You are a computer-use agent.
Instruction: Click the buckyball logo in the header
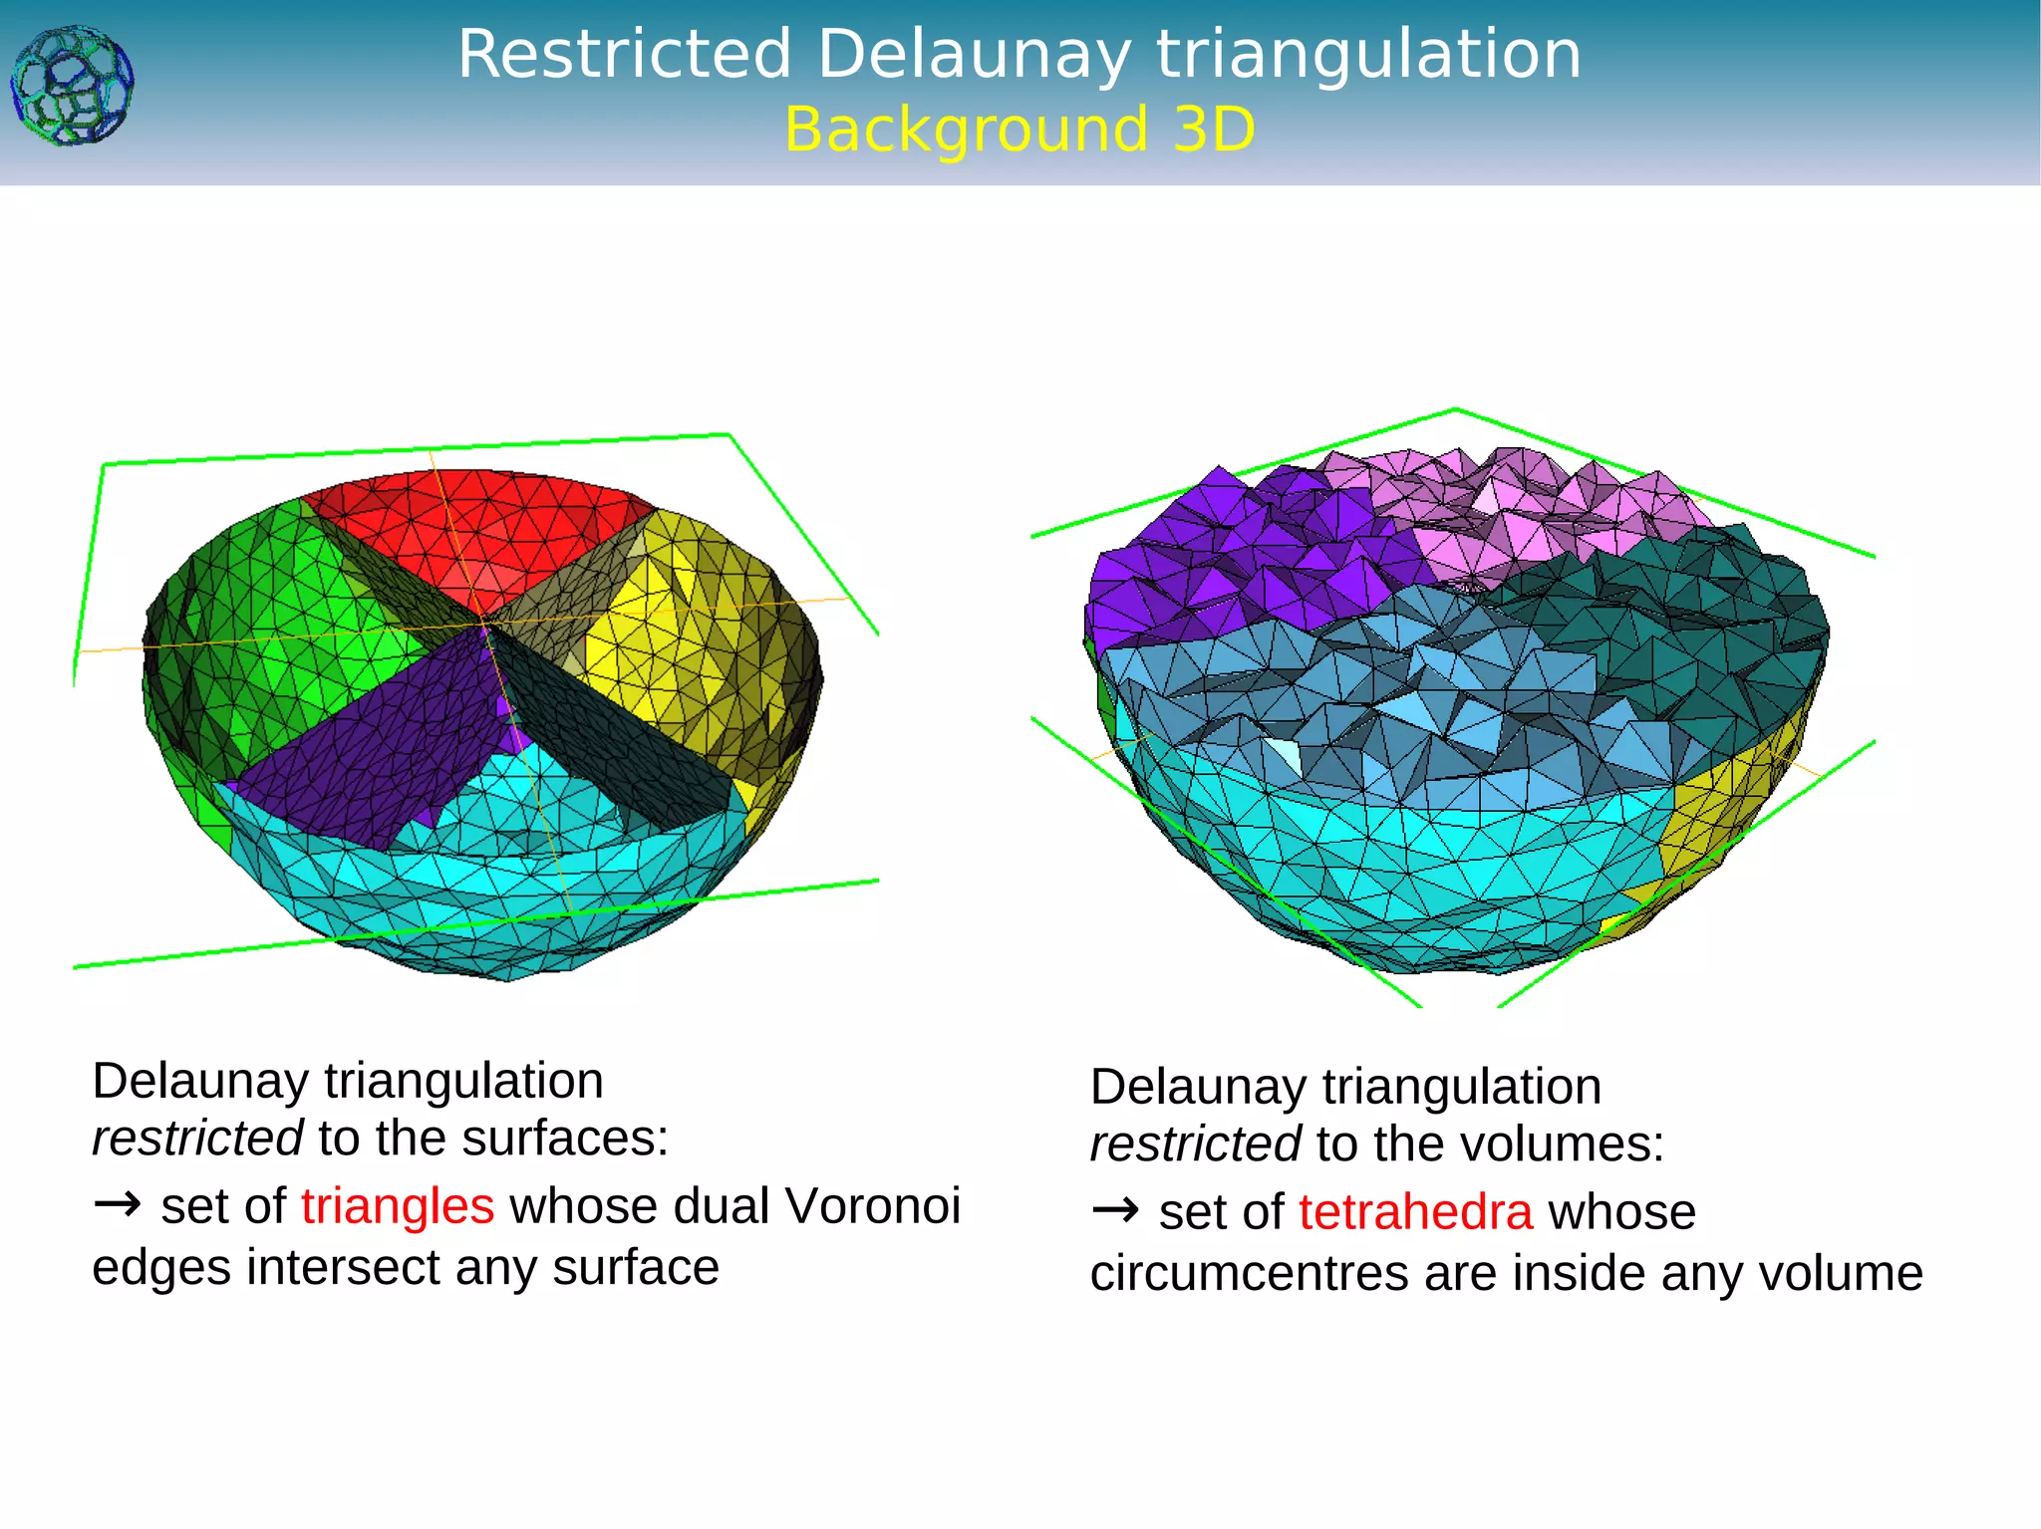tap(72, 87)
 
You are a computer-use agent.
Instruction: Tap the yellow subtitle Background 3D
tap(1020, 129)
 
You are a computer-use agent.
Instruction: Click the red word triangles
tap(398, 1206)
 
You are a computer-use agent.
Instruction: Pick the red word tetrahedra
tap(1415, 1212)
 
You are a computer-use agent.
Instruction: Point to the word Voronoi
tap(872, 1206)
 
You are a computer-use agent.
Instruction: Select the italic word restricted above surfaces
tap(197, 1139)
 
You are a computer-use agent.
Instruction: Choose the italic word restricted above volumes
tap(1195, 1145)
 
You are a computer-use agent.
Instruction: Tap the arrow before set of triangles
tap(118, 1205)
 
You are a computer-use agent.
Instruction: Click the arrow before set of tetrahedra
tap(1115, 1211)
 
